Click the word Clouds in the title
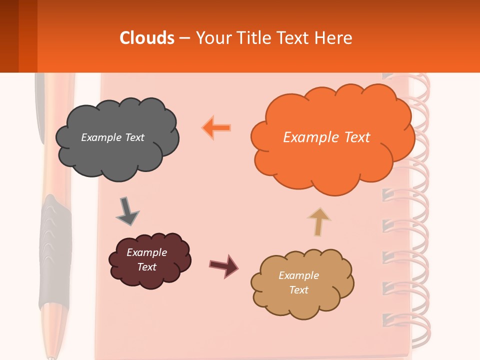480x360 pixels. (x=147, y=38)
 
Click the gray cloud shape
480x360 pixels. (x=117, y=155)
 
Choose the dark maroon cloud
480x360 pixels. (x=149, y=277)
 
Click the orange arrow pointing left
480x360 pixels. (x=216, y=128)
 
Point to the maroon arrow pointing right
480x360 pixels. (x=223, y=265)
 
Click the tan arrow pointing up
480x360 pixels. (x=319, y=221)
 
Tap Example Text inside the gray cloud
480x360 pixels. (x=112, y=137)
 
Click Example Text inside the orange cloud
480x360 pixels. (x=326, y=137)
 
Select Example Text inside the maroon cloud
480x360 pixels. (x=147, y=259)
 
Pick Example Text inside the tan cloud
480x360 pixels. (x=298, y=282)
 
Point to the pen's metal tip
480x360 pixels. (x=51, y=356)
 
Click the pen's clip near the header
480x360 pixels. (x=40, y=95)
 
